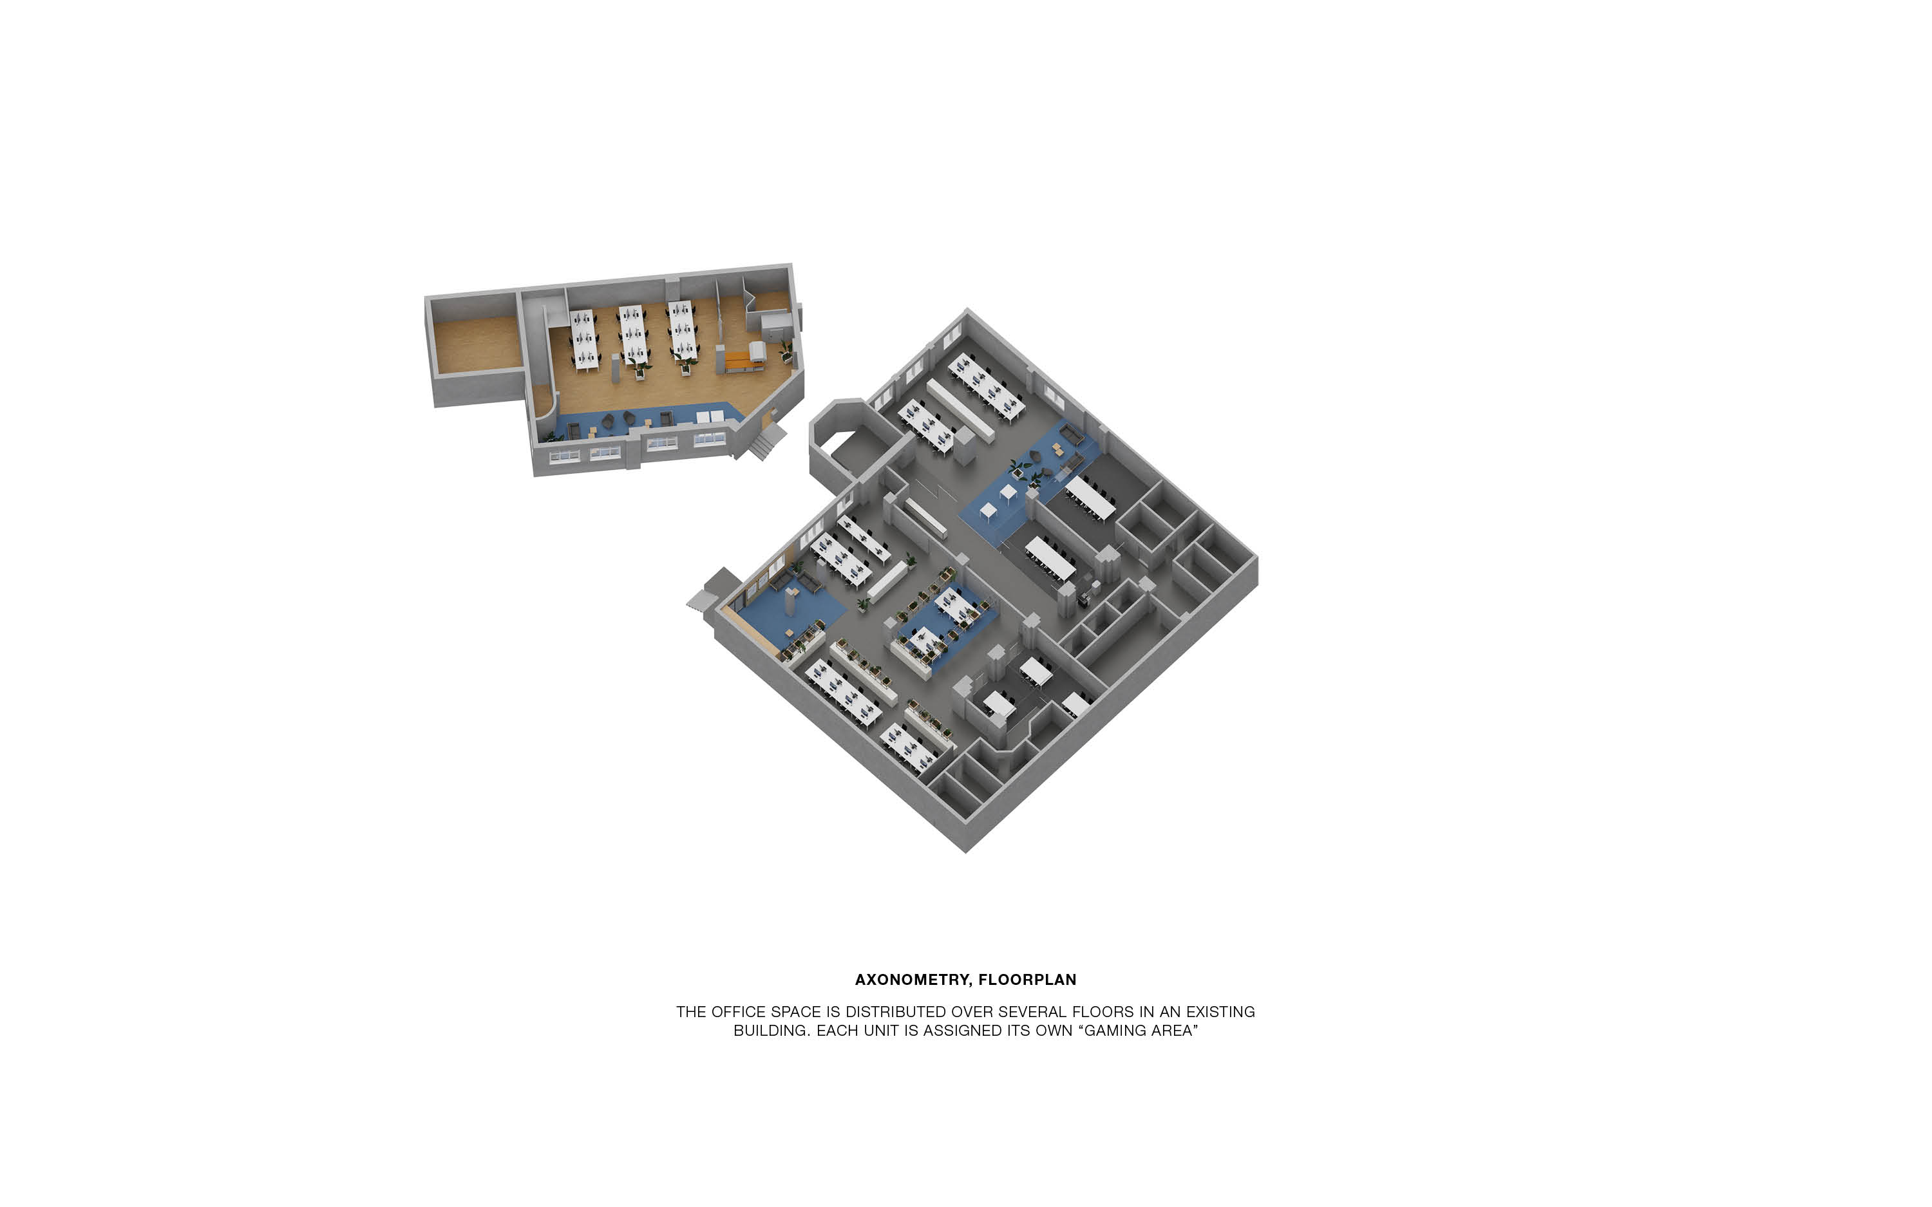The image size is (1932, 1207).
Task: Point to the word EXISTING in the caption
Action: (1220, 1011)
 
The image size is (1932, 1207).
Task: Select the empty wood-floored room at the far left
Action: (477, 344)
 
